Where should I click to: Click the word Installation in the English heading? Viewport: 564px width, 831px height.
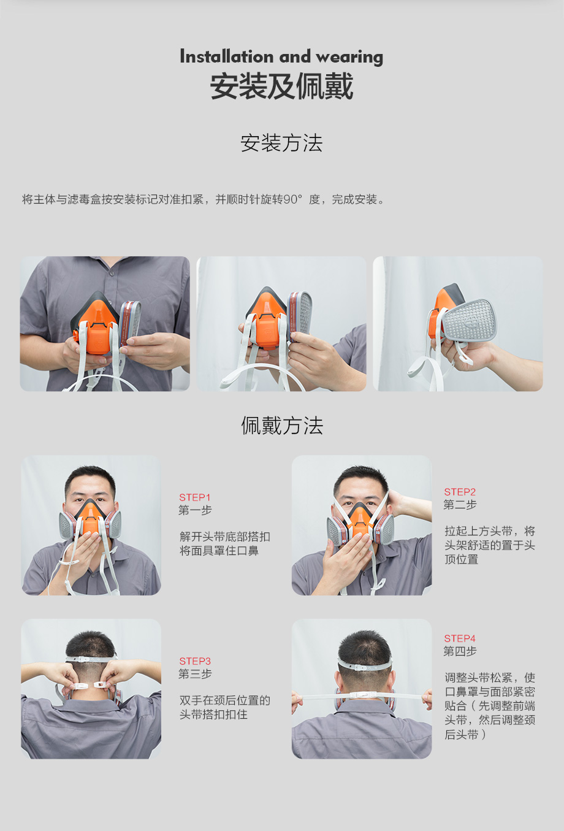227,56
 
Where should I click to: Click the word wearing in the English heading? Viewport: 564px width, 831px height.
349,58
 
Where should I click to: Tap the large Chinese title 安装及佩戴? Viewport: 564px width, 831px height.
281,86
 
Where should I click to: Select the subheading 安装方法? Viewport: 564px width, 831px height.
281,143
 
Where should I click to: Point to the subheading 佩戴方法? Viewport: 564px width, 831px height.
282,425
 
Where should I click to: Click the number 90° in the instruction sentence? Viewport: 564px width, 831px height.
292,199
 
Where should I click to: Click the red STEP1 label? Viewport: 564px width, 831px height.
195,497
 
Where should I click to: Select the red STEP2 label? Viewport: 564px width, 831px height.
460,492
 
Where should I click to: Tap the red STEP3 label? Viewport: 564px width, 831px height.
195,661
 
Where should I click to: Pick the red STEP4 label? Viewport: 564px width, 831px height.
460,638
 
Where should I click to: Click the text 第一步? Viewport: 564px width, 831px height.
195,510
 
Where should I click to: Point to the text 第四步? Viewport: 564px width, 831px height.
460,651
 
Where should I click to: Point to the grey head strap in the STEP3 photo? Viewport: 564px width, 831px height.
91,659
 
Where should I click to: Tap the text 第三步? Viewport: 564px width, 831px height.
195,674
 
